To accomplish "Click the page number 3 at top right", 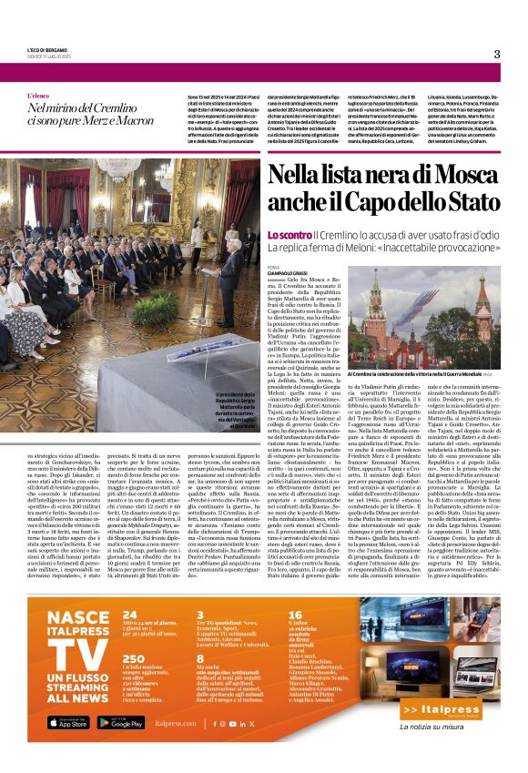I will (x=497, y=54).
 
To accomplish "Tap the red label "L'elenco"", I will (x=39, y=96).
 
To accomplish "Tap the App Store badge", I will (x=68, y=723).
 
